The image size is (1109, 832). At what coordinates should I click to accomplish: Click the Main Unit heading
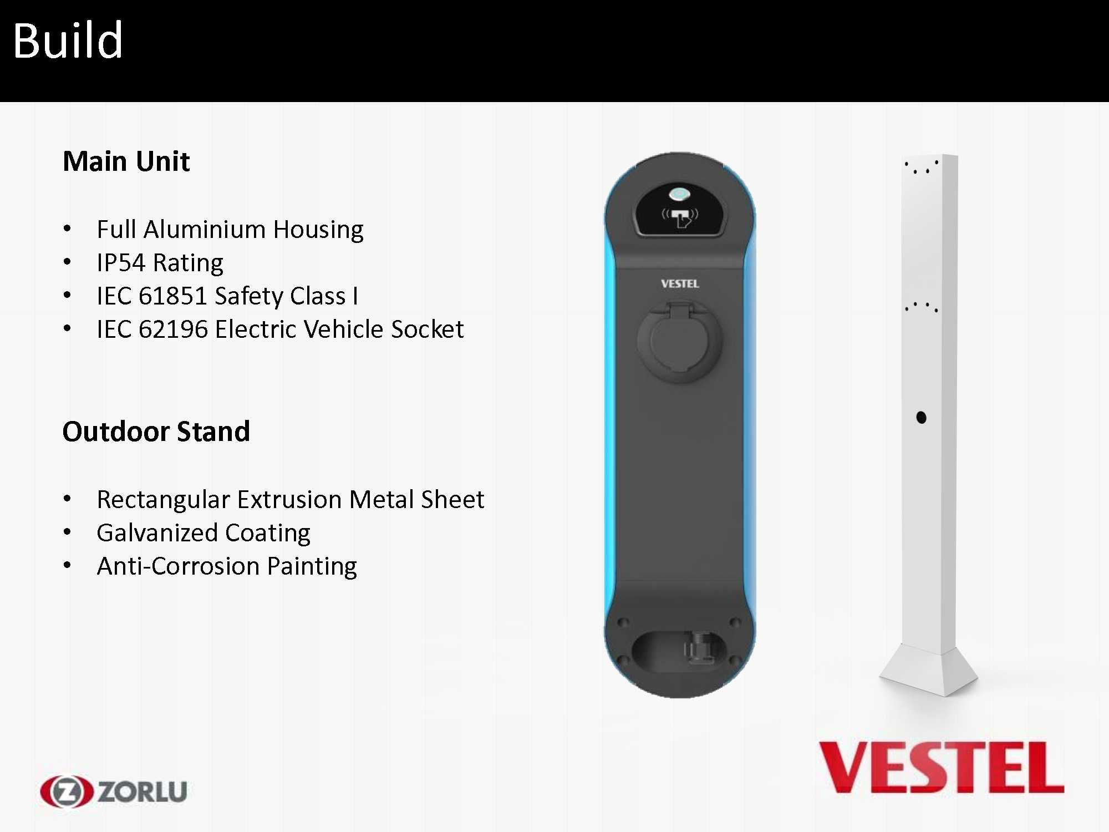(x=126, y=161)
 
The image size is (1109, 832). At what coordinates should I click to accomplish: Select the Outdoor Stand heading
(x=156, y=432)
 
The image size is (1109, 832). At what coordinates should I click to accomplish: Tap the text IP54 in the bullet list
(x=120, y=263)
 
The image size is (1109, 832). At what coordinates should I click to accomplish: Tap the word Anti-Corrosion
(x=178, y=566)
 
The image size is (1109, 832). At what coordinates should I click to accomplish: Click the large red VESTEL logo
(x=941, y=768)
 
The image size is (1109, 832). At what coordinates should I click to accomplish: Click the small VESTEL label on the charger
(x=680, y=284)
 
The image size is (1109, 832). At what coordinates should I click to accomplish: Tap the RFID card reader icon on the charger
(x=680, y=216)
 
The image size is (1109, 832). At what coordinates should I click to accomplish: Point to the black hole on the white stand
(x=922, y=417)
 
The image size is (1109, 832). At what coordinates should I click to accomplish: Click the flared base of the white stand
(x=929, y=670)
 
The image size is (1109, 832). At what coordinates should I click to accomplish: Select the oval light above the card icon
(x=679, y=195)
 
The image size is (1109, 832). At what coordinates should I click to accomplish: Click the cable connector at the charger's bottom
(x=697, y=647)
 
